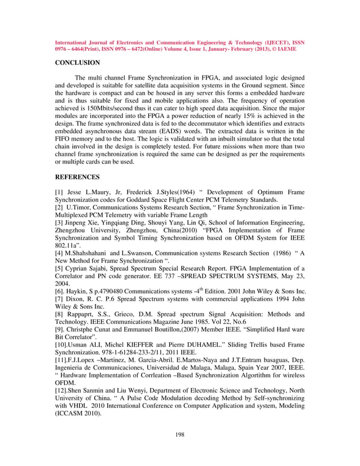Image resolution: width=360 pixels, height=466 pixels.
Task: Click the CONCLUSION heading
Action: tap(77, 63)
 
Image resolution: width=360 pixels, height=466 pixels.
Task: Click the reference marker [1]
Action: tap(59, 192)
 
